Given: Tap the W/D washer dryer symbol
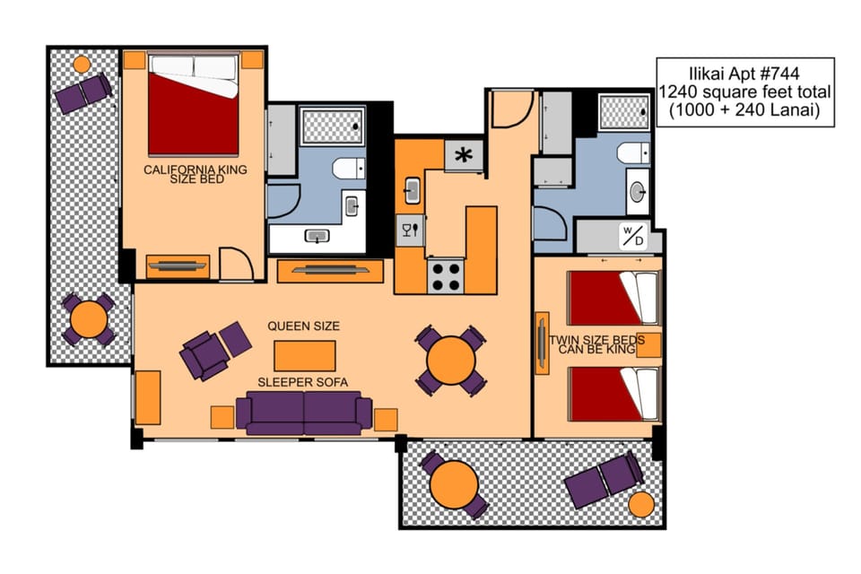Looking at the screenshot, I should [x=633, y=236].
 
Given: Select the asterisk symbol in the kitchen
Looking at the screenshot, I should [x=465, y=155].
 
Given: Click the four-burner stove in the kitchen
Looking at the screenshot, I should [x=446, y=275].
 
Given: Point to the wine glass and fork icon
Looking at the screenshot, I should [x=410, y=230].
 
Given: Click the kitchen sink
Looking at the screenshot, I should [x=412, y=190].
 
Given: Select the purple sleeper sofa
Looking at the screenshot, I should [x=304, y=413].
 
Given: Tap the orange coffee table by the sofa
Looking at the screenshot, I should [x=305, y=355].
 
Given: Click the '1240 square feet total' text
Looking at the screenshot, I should [x=745, y=91].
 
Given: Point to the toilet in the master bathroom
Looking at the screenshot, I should [x=347, y=168].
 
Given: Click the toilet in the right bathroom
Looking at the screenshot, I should [x=633, y=152].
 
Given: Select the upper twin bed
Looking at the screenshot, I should [x=613, y=298].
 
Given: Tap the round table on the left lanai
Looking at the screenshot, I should [x=89, y=319].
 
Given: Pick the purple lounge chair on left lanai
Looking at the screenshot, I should [x=83, y=91].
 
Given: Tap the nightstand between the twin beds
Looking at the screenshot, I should [x=648, y=345].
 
